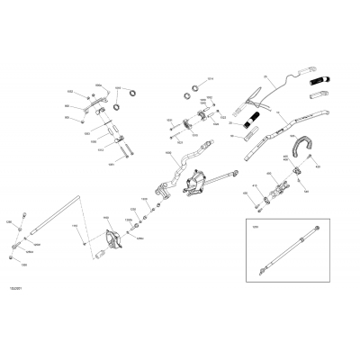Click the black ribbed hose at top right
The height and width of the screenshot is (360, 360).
click(x=318, y=88)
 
